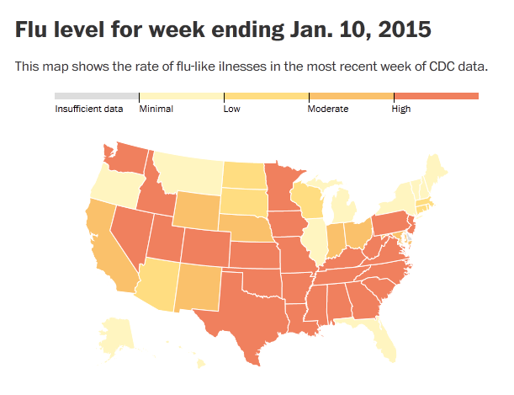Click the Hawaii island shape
[201, 363]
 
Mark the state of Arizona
[157, 284]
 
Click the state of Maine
[434, 173]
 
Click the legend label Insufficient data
[89, 109]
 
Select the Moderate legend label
[328, 109]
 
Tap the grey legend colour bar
[97, 96]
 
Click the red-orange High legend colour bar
[437, 96]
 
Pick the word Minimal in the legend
[156, 109]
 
